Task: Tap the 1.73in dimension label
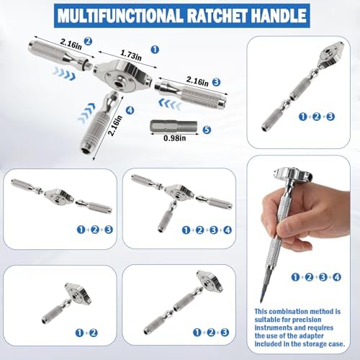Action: (x=131, y=55)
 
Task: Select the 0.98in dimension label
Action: (x=174, y=138)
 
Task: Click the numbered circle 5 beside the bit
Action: (x=207, y=130)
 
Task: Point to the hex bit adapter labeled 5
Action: (x=174, y=126)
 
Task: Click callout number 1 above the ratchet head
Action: (x=155, y=50)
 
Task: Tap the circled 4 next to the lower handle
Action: (x=130, y=110)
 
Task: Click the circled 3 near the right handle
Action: (x=216, y=82)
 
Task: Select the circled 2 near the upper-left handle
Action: (x=88, y=41)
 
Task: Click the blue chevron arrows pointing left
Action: (x=170, y=104)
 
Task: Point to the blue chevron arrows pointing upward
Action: (x=86, y=112)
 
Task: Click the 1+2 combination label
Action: (x=86, y=333)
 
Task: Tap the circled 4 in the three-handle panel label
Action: (x=228, y=230)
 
